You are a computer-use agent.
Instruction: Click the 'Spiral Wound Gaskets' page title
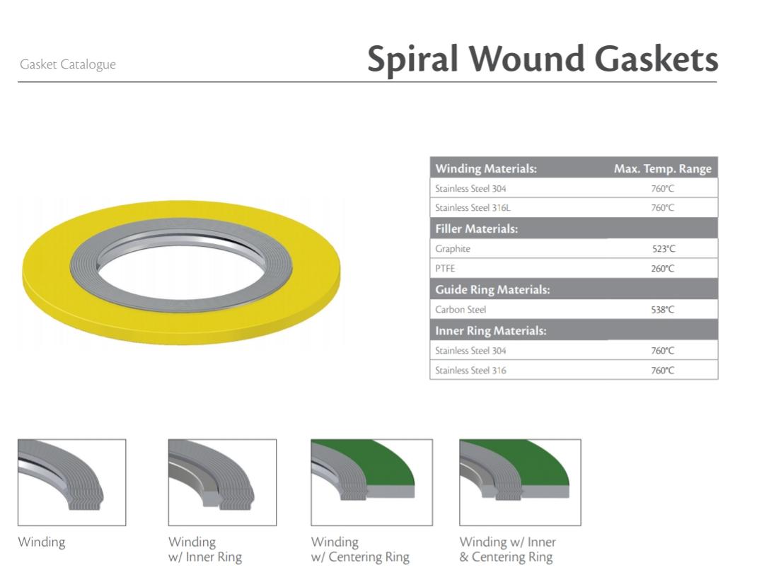[542, 59]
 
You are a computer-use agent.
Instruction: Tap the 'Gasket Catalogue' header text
[68, 64]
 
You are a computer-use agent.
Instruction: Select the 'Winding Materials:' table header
[486, 168]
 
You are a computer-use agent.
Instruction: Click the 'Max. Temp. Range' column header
[662, 168]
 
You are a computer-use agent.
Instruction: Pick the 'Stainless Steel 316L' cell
[473, 208]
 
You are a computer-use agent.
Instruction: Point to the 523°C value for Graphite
[663, 249]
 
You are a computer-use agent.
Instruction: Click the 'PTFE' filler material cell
[446, 269]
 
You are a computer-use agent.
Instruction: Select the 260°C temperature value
[663, 269]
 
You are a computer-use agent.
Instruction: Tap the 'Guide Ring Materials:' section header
[492, 289]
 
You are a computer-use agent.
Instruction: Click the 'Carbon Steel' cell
[461, 310]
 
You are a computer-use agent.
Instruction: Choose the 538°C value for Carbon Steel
[663, 310]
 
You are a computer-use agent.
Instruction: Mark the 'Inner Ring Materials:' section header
[491, 330]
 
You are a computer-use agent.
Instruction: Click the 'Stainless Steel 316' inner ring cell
[470, 371]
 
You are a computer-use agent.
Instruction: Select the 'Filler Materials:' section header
[476, 228]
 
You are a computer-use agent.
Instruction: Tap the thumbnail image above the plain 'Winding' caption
[71, 482]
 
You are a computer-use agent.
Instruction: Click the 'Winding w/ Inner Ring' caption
[204, 550]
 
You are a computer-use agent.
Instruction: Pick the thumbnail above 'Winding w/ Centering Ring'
[371, 482]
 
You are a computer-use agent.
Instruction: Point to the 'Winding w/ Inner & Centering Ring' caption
[507, 550]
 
